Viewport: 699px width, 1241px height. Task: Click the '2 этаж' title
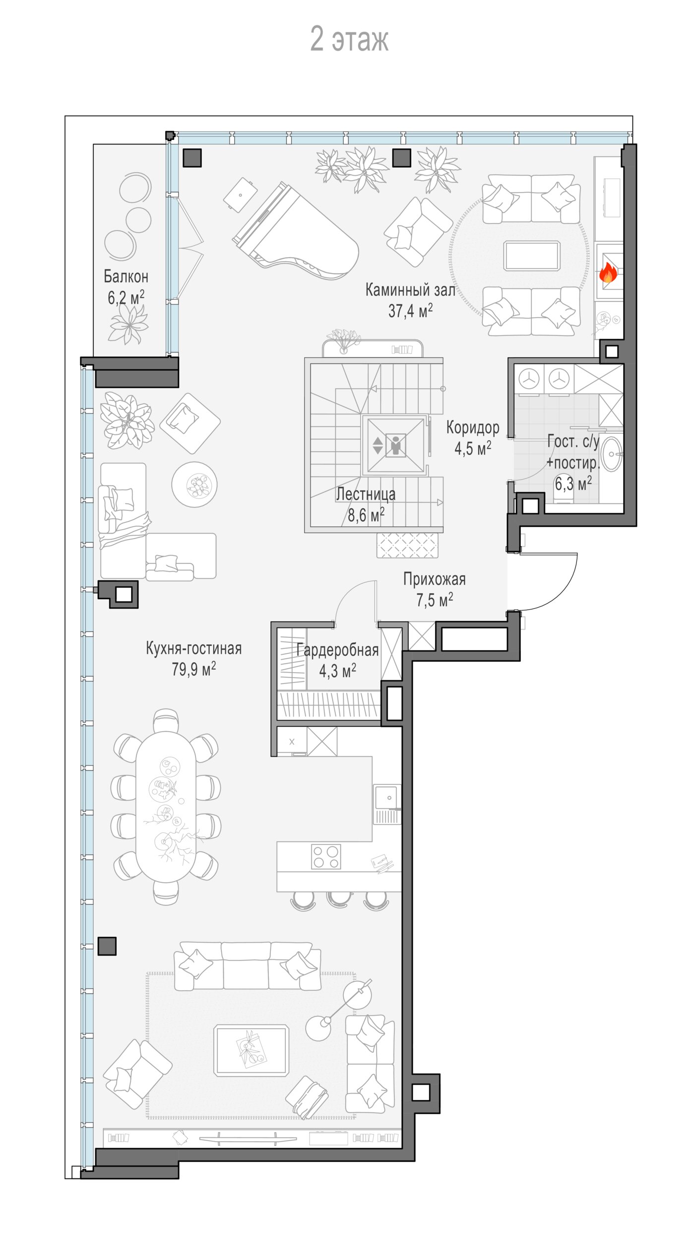pyautogui.click(x=349, y=39)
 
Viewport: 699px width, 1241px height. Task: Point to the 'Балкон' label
pyautogui.click(x=126, y=276)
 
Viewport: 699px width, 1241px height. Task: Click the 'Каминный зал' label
pyautogui.click(x=410, y=289)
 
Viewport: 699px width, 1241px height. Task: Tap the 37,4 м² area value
pyautogui.click(x=410, y=311)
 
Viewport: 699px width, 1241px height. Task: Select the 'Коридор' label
pyautogui.click(x=473, y=427)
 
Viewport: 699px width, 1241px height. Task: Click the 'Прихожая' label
pyautogui.click(x=435, y=579)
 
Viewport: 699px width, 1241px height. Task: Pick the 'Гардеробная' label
pyautogui.click(x=337, y=650)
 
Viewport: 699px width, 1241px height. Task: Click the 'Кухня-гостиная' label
pyautogui.click(x=194, y=648)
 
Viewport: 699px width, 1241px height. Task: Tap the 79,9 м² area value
pyautogui.click(x=194, y=669)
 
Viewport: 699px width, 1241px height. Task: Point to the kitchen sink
pyautogui.click(x=387, y=798)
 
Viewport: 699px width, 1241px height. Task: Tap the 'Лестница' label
pyautogui.click(x=366, y=494)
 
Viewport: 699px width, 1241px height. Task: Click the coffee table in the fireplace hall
pyautogui.click(x=532, y=256)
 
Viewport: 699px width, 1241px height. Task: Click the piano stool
pyautogui.click(x=240, y=195)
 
